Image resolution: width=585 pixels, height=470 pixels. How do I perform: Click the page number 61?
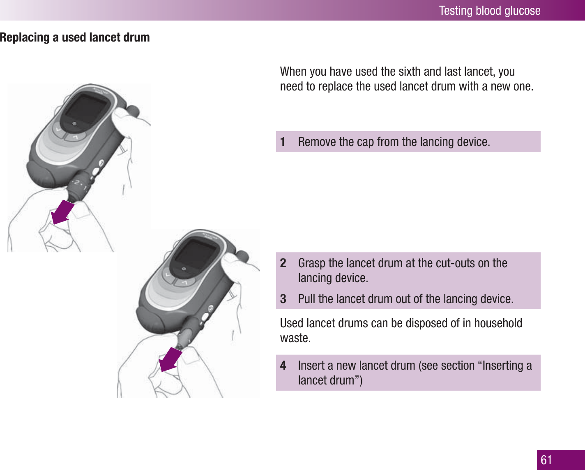[546, 460]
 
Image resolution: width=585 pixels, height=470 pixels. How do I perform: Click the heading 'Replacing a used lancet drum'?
[75, 37]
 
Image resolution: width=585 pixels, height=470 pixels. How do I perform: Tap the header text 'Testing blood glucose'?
[489, 10]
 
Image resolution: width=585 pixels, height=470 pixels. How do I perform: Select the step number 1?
[283, 142]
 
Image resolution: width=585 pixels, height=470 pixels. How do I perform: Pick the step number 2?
[283, 263]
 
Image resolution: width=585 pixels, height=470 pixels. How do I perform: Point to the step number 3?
[283, 299]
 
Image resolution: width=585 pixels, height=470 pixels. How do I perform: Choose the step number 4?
[283, 366]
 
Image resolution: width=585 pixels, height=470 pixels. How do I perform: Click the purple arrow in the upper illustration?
[62, 212]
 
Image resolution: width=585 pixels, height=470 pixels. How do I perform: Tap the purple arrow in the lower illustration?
[170, 359]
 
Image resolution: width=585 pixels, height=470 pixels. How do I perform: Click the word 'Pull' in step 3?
[306, 299]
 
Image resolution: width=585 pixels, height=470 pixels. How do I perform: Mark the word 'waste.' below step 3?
[295, 338]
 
